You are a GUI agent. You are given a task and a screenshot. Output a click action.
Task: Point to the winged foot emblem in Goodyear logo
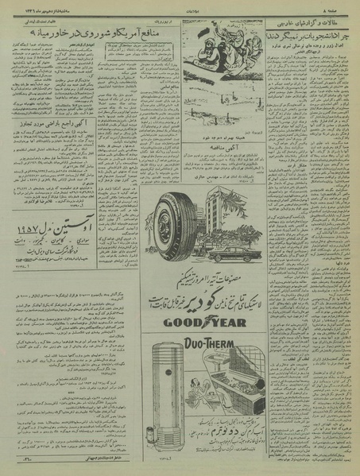pyautogui.click(x=215, y=323)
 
